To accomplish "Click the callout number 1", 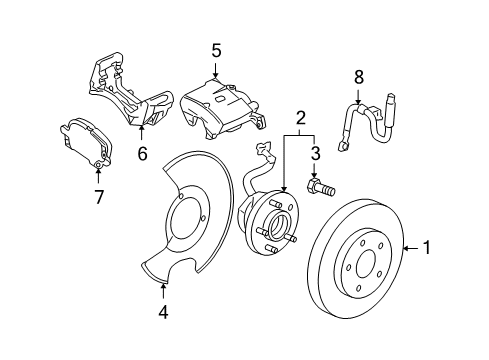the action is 426,248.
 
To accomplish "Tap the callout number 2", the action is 300,118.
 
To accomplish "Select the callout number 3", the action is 315,153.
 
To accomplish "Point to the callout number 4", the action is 163,312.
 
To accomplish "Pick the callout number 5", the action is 216,51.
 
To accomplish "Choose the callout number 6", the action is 142,154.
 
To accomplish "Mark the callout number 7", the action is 99,197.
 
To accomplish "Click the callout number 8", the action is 358,77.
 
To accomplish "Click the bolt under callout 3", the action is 320,188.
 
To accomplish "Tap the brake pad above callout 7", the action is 86,142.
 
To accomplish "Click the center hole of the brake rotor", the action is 367,264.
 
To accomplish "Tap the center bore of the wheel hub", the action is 278,228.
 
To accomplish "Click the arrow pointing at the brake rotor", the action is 411,248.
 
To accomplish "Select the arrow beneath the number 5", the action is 216,71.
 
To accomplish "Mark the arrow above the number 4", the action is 163,291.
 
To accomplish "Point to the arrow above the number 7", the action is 98,175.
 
